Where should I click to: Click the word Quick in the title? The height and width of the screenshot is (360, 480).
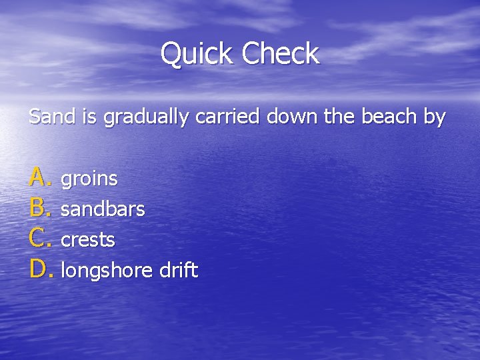tap(197, 54)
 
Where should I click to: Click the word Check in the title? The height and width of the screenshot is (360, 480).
tap(281, 54)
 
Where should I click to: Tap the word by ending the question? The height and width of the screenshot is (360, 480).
tap(434, 118)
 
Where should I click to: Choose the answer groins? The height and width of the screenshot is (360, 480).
tap(89, 179)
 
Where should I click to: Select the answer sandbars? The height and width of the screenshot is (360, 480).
tap(103, 209)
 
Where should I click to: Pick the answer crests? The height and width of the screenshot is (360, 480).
tap(87, 240)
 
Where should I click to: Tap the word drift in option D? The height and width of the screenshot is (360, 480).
tap(178, 270)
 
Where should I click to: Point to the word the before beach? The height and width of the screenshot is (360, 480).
tap(339, 117)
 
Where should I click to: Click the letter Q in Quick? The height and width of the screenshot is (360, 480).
tap(171, 54)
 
